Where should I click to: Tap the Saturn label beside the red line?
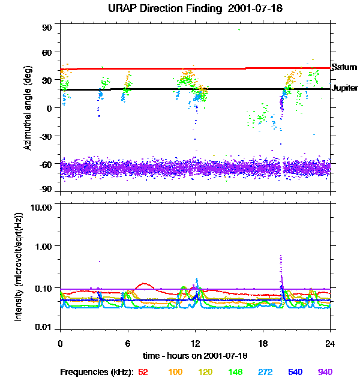click(x=344, y=68)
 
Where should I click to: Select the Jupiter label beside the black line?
click(x=345, y=88)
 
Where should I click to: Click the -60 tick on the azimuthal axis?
click(x=46, y=163)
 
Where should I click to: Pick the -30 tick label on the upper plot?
click(x=46, y=136)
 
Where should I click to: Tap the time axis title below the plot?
click(x=194, y=355)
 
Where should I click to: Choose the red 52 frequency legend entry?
click(x=143, y=372)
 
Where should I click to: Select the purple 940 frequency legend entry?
click(x=325, y=372)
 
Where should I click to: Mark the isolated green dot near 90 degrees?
click(x=239, y=29)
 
